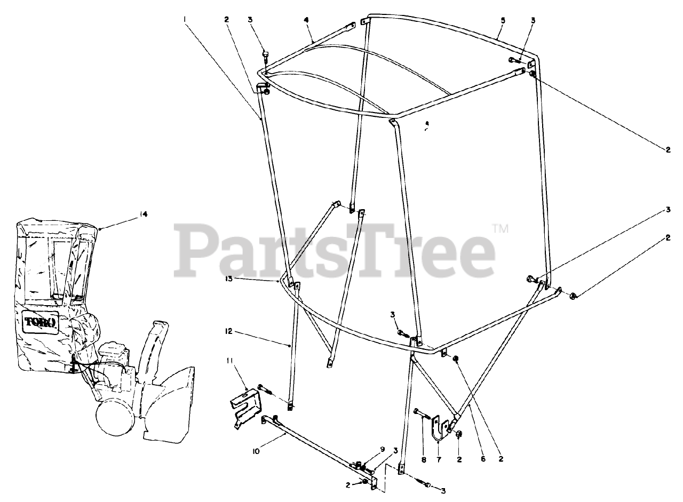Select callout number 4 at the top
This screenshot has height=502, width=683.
coord(306,20)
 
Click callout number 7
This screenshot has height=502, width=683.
coord(438,458)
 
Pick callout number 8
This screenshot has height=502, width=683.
coord(423,458)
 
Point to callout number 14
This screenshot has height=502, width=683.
coord(143,214)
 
